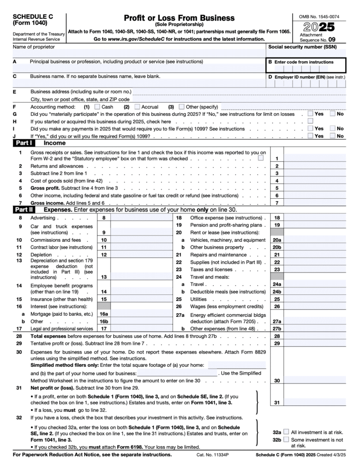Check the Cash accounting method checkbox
pos(97,107)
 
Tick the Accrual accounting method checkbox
pos(137,107)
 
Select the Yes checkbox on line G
pos(311,114)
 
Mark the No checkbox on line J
pos(333,136)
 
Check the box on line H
pos(311,121)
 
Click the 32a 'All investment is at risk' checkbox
pos(286,432)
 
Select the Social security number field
pos(306,54)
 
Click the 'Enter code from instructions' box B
pos(306,68)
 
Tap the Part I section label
pos(22,143)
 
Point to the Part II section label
pos(22,209)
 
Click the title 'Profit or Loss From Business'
pos(179,18)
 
